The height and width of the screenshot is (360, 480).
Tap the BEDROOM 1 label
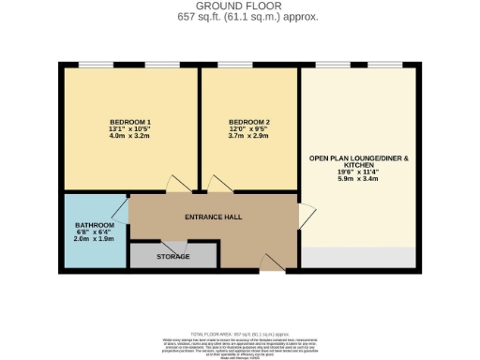(130, 123)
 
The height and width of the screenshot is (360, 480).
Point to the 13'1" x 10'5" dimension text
(130, 130)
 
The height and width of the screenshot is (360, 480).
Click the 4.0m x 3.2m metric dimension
(130, 138)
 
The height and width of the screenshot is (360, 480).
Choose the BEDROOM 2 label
(248, 123)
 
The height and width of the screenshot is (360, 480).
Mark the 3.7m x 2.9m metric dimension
(248, 137)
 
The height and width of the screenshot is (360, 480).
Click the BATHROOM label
(95, 226)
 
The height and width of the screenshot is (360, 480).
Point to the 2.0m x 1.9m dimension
(95, 240)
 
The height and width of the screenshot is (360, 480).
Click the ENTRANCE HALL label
(213, 217)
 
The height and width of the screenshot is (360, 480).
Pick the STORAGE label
(172, 256)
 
